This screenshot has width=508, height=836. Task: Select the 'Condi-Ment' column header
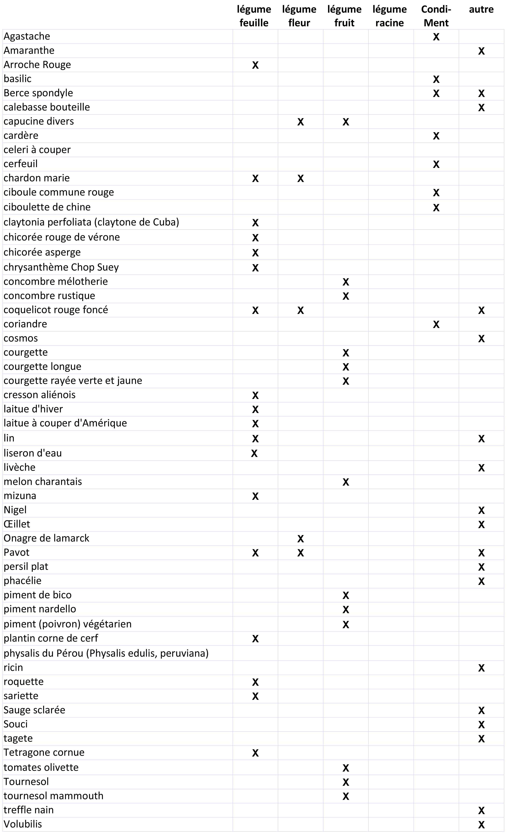coord(436,16)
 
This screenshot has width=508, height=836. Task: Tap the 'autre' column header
coord(481,10)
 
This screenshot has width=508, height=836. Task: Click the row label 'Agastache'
coord(27,36)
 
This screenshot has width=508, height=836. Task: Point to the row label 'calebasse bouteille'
coord(47,107)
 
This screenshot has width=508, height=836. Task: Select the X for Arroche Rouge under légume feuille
coord(255,65)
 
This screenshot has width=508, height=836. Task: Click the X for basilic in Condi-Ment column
coord(436,79)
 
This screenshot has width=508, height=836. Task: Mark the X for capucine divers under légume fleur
coord(300,122)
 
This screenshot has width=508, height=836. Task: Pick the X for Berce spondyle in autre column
coord(481,94)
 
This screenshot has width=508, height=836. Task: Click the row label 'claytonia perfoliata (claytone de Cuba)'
coord(91,222)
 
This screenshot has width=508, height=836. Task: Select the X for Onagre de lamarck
coord(300,539)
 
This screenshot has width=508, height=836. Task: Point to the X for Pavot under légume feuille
coord(255,553)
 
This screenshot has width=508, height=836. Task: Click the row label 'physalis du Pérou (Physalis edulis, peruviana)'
coord(106,653)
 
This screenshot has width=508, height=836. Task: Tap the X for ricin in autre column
coord(481,668)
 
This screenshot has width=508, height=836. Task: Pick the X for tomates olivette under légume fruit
coord(345,768)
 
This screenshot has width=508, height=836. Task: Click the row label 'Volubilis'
coord(23,824)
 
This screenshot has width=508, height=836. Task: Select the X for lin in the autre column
coord(481,439)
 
